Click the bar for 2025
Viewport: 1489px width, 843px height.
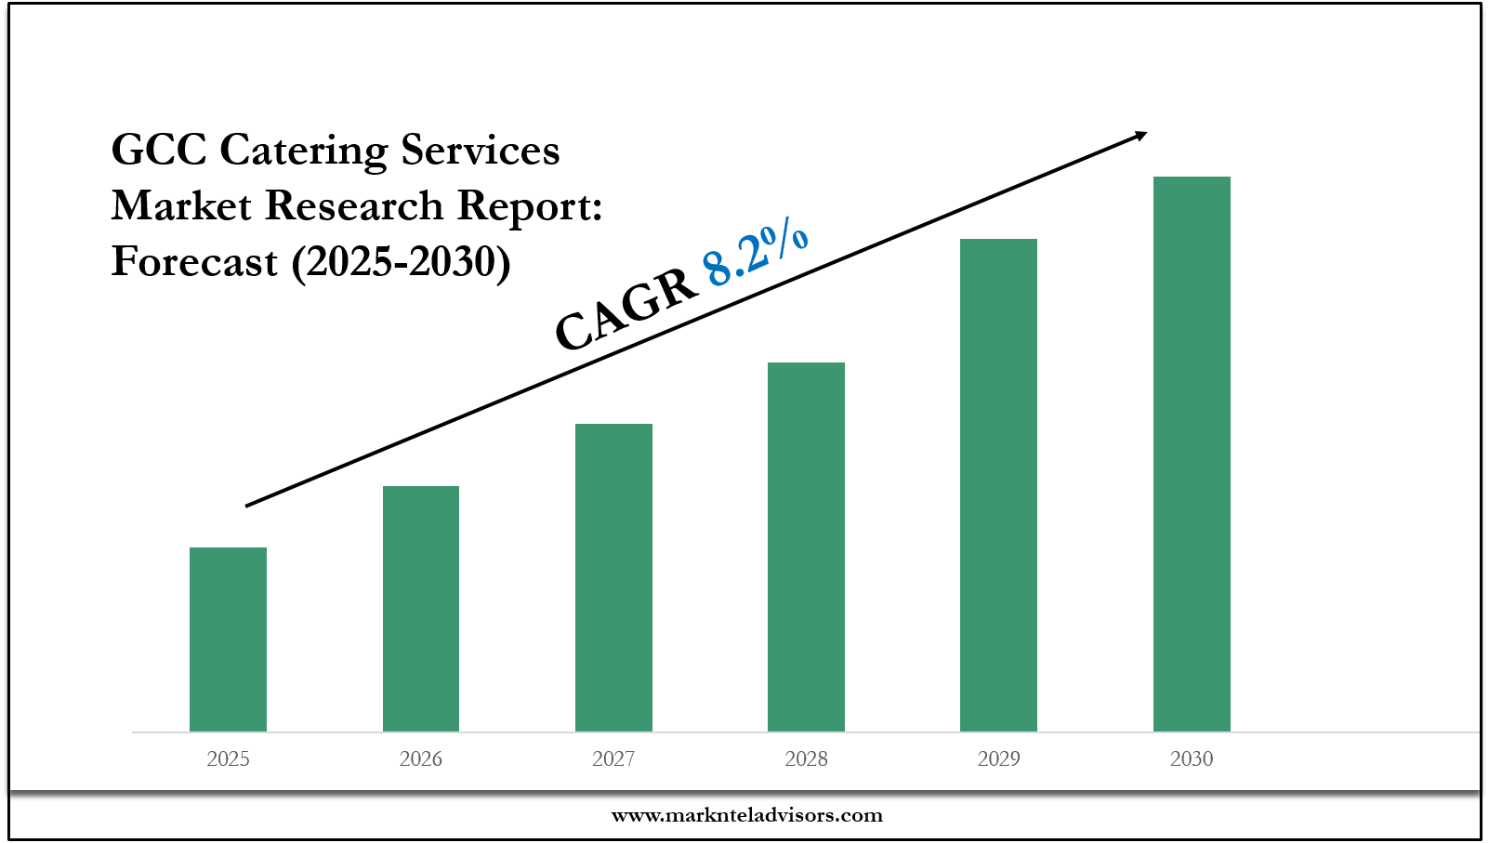coord(228,639)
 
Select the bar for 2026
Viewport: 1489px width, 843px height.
coord(421,609)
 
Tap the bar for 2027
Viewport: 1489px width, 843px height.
coord(613,577)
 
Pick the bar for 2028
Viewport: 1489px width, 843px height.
coord(806,547)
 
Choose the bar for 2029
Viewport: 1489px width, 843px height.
coord(998,485)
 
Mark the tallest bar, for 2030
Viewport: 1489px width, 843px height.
coord(1192,454)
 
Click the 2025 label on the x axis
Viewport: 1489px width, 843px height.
coord(228,759)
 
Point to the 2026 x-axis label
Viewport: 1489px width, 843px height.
coord(421,759)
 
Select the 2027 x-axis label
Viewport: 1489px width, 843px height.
coord(613,759)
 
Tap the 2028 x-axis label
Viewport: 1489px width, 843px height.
coord(806,759)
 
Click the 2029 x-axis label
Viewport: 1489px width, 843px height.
coord(998,759)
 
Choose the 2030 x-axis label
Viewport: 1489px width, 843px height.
coord(1192,759)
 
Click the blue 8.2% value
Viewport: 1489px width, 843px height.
coord(755,251)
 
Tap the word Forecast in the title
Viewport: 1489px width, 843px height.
coord(194,262)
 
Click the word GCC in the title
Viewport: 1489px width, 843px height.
coord(158,150)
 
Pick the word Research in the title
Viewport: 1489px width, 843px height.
coord(355,206)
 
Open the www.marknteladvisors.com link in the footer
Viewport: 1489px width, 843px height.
coord(746,816)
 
